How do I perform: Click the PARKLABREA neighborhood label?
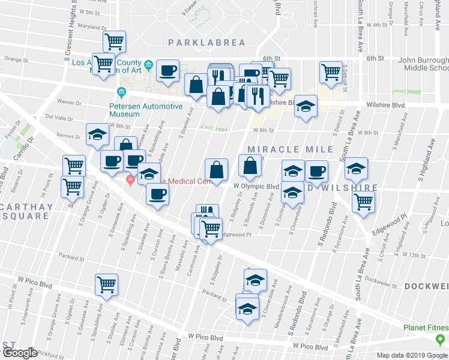click(x=207, y=42)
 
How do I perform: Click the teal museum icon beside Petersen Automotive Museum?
click(x=121, y=92)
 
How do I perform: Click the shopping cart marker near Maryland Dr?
click(x=114, y=41)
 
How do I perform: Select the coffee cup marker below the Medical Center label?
click(x=158, y=194)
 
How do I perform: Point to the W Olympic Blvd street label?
click(x=256, y=187)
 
